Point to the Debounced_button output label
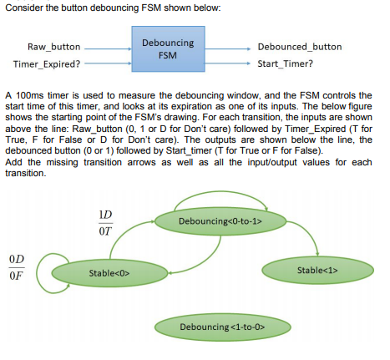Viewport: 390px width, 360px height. pos(299,47)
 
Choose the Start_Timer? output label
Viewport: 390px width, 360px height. pos(286,63)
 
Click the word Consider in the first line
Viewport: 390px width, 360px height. pos(24,8)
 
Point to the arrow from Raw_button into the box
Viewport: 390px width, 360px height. pos(107,48)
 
